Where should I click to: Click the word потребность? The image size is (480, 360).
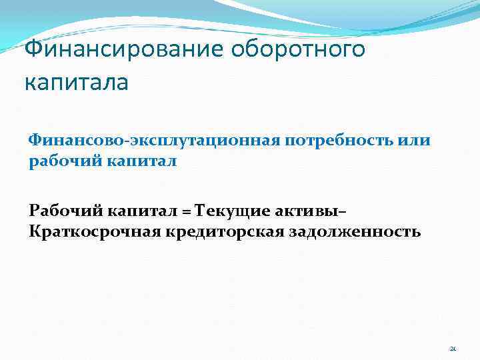pyautogui.click(x=333, y=142)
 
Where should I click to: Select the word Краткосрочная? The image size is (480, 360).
pyautogui.click(x=93, y=232)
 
